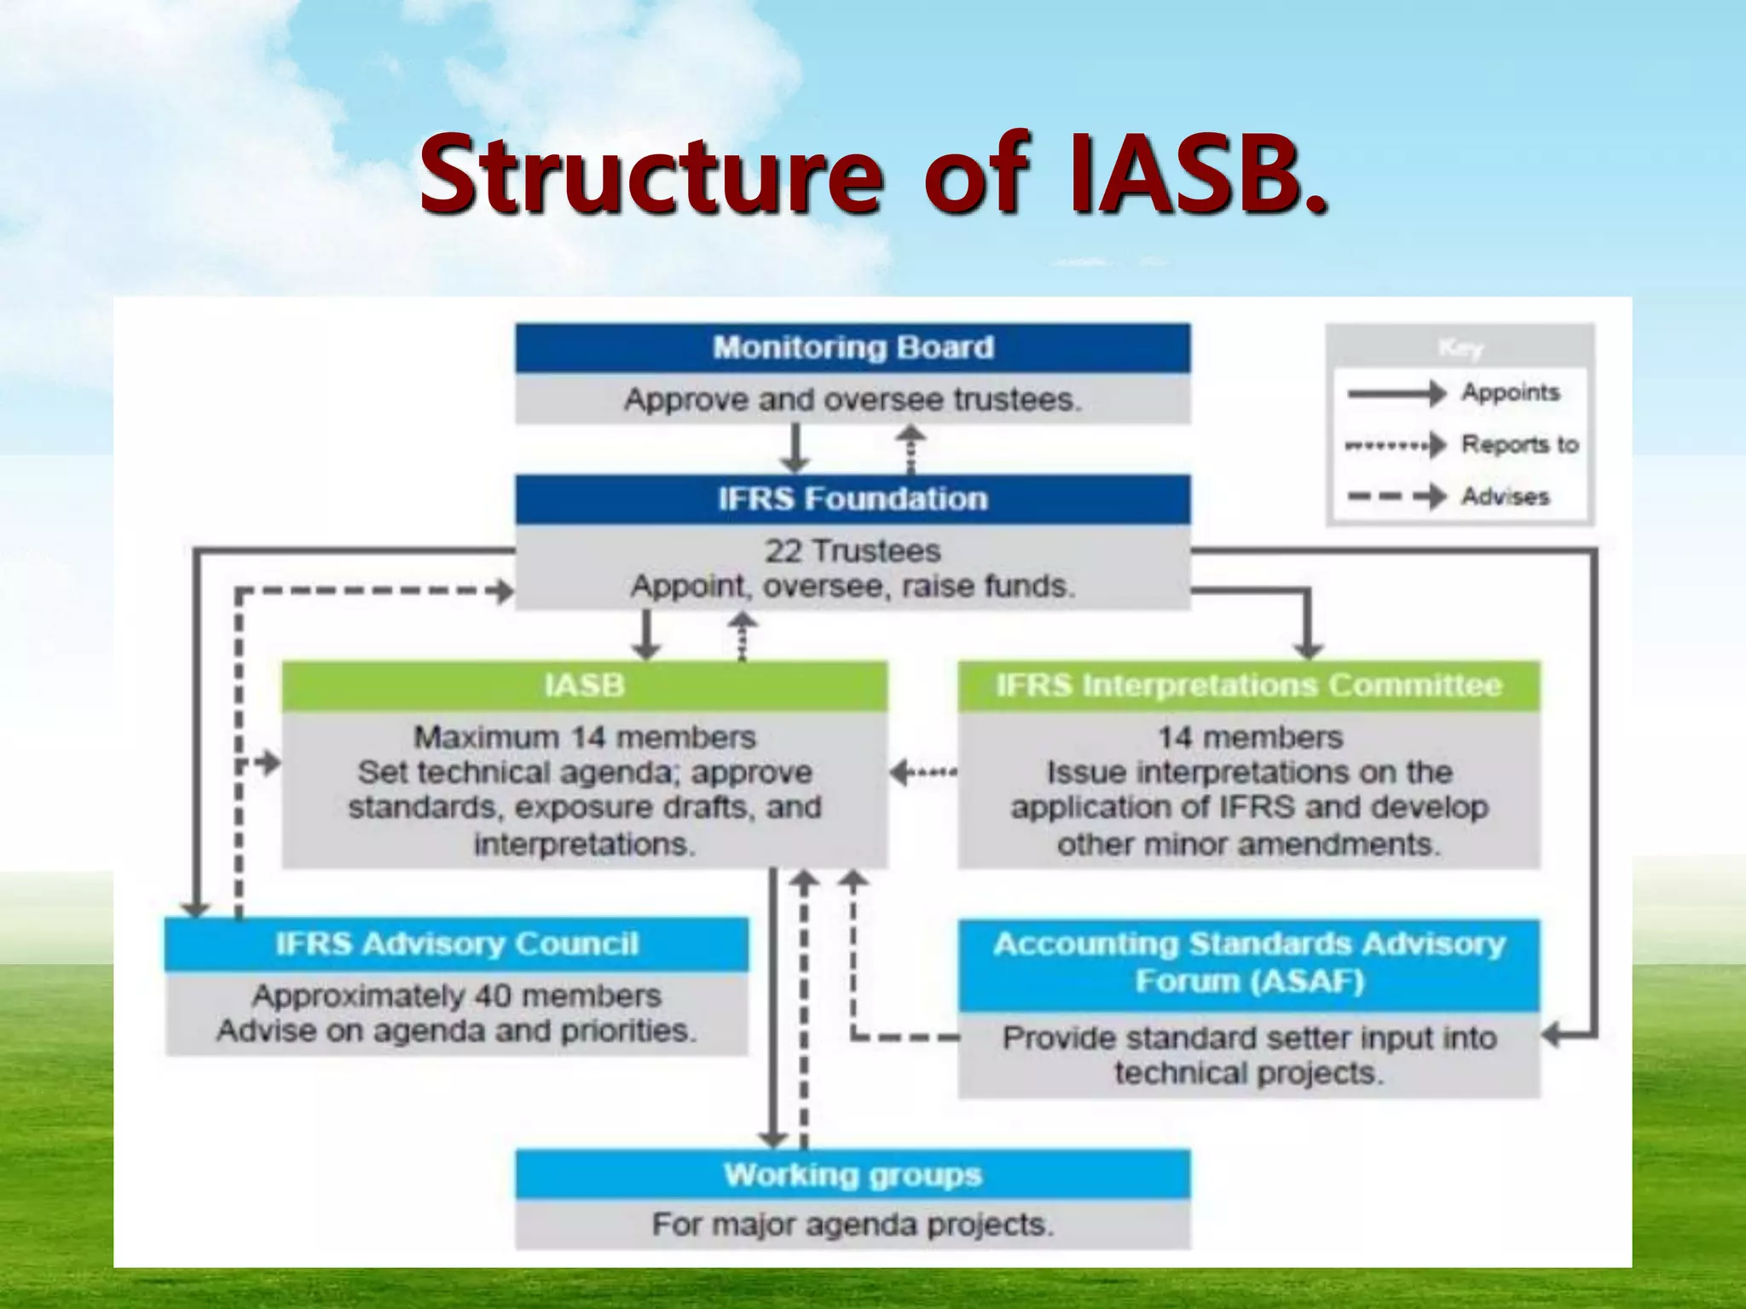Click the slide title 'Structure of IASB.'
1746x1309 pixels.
pos(873,175)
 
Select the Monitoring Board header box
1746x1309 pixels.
pos(853,348)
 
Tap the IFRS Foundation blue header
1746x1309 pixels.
pos(853,499)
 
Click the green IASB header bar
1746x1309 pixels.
pos(585,685)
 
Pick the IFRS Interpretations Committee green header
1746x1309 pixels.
pos(1249,685)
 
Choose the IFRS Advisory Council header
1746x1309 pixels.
pos(457,943)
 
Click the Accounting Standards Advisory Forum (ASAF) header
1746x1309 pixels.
pos(1249,963)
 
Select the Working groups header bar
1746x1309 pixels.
pos(853,1174)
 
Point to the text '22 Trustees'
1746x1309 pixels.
pos(853,551)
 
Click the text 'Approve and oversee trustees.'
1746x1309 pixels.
pos(853,400)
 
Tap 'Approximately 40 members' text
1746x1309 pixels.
pos(457,995)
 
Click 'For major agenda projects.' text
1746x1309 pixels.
pos(853,1225)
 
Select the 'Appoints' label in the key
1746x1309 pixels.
pos(1510,392)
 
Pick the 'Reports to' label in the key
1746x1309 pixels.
pos(1519,444)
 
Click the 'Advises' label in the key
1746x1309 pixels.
pos(1505,496)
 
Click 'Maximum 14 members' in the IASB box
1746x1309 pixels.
pos(585,737)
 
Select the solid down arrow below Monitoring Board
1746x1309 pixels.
pos(795,449)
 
